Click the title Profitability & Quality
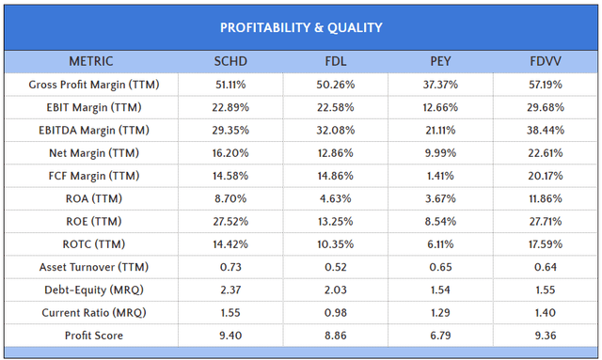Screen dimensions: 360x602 pyautogui.click(x=301, y=26)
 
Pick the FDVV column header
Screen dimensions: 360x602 pyautogui.click(x=546, y=62)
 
